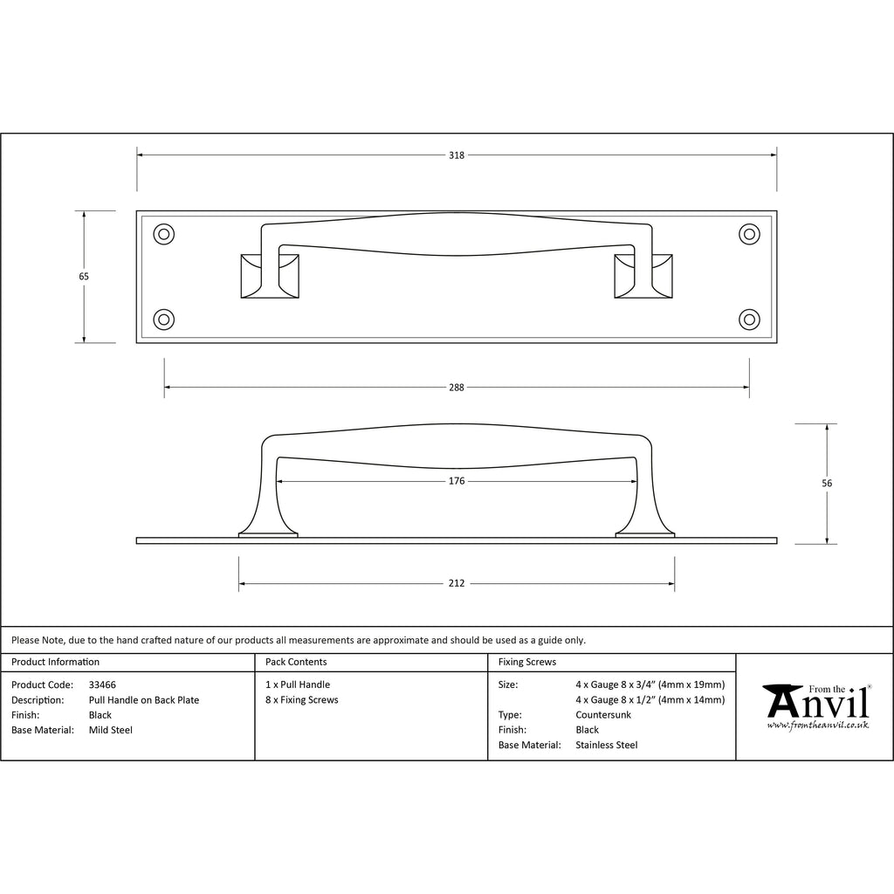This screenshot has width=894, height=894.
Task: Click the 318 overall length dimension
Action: click(456, 155)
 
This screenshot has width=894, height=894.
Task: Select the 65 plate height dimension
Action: click(84, 277)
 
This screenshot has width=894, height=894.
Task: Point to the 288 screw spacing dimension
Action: click(456, 388)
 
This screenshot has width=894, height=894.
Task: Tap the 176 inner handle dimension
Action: click(456, 481)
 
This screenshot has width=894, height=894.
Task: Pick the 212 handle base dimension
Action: click(456, 583)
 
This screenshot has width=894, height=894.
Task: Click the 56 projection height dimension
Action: click(827, 484)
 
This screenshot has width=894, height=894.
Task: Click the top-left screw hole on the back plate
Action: click(164, 234)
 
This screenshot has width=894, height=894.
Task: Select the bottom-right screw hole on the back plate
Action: click(749, 320)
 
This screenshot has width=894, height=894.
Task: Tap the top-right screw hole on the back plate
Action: click(749, 234)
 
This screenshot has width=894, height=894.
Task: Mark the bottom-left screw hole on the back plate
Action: click(164, 320)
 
